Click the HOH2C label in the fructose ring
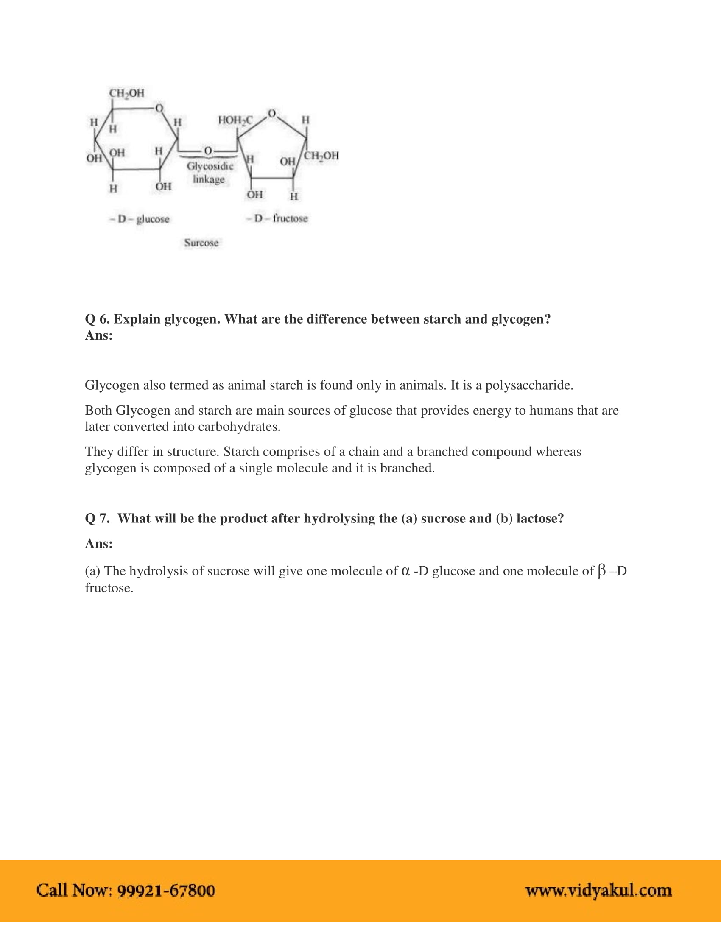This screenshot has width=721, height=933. coord(235,120)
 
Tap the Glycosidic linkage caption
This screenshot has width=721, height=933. coord(209,173)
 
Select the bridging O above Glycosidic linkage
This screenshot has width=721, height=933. coord(208,151)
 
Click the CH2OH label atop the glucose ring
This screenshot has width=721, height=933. coord(127,93)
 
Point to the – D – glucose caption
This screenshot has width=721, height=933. coord(140,219)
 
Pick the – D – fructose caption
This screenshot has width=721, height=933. coord(277,218)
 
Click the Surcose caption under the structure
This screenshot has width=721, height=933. coord(201,243)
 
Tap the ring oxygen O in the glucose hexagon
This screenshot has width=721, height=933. coord(159,108)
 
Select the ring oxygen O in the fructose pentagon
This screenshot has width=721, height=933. coord(272,114)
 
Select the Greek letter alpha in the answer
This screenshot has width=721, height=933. coord(406,571)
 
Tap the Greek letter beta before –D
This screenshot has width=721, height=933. coord(601,571)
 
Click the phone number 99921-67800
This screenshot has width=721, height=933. coord(166,890)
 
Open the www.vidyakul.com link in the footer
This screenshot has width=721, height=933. coord(598,890)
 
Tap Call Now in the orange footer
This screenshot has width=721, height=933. coord(73,890)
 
